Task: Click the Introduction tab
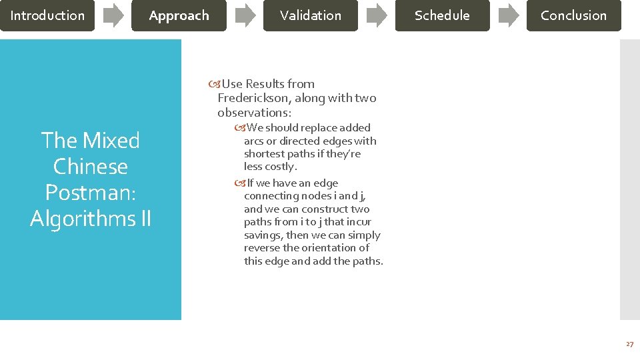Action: [x=47, y=15]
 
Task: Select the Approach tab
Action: [x=179, y=15]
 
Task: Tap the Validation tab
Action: [x=310, y=15]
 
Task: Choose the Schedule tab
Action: [x=442, y=15]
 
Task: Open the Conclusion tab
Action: [x=573, y=15]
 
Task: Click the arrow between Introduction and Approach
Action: [x=113, y=15]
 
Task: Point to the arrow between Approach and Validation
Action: [x=245, y=15]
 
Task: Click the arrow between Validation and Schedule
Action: [x=377, y=15]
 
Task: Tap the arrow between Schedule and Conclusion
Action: [x=508, y=15]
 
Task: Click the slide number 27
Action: [x=629, y=344]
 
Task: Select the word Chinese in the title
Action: [x=90, y=166]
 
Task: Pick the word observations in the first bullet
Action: [x=253, y=112]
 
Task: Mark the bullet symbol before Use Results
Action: [x=214, y=84]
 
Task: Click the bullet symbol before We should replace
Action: [x=240, y=128]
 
